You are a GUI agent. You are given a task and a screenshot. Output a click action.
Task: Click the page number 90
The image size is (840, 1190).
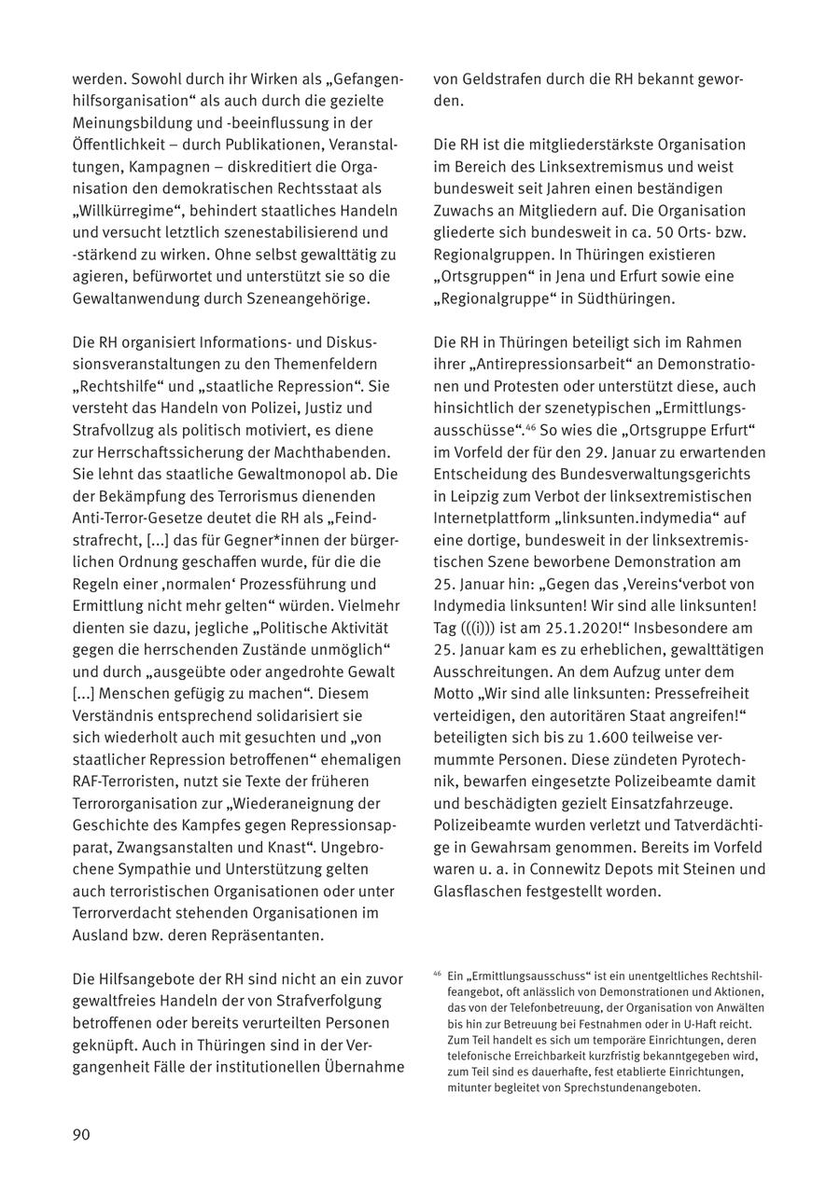(81, 1134)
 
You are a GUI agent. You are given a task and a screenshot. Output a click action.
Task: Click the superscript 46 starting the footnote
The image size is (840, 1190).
(438, 974)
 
